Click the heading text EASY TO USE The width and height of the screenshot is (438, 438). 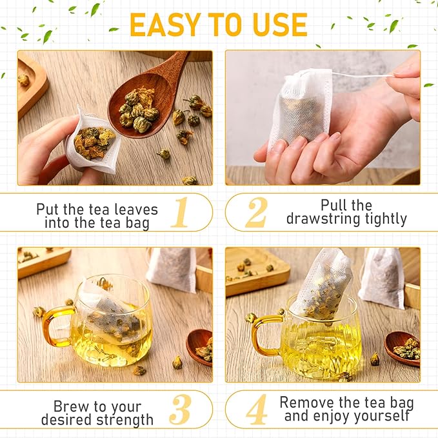point(218,25)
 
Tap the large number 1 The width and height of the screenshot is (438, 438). point(181,213)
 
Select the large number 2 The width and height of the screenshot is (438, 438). point(257,213)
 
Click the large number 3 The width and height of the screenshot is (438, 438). point(181,410)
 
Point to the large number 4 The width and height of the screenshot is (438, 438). point(257,410)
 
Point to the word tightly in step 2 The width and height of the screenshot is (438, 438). point(384,219)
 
